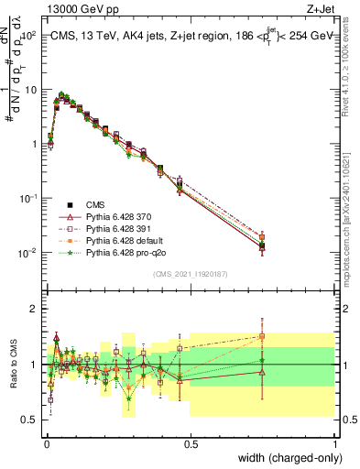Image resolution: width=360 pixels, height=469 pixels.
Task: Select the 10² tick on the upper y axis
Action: tap(29, 36)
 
